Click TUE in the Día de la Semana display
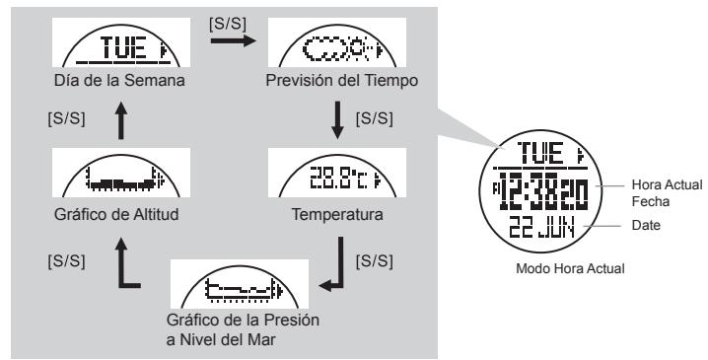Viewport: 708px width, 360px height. point(106,49)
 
